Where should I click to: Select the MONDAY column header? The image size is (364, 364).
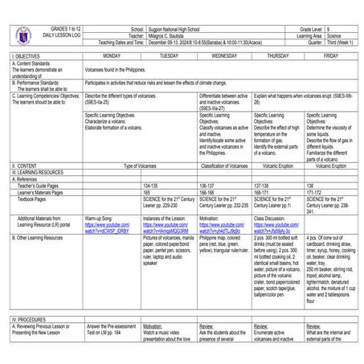112,56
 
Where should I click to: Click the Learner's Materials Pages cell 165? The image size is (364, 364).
147,193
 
